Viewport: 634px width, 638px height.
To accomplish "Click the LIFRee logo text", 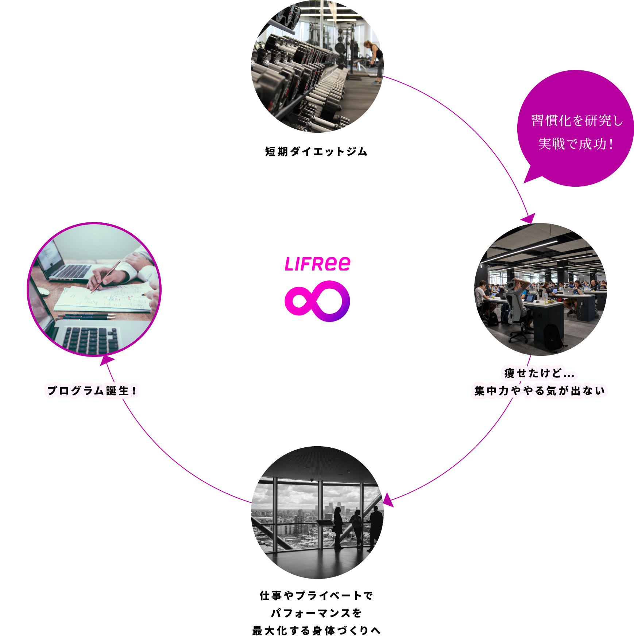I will (317, 264).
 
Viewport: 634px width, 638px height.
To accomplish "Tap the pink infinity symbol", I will (317, 301).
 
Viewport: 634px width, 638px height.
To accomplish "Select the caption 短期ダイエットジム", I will (316, 151).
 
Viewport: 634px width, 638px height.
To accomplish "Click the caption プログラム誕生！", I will (92, 390).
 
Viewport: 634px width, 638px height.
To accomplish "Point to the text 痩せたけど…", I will (539, 373).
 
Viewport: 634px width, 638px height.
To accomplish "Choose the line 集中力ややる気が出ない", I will (540, 390).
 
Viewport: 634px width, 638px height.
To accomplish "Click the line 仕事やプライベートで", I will (316, 595).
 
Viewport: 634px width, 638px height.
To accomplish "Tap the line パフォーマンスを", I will (316, 613).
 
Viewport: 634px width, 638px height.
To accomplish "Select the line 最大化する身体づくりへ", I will (316, 630).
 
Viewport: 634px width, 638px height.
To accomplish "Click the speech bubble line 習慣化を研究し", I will (577, 120).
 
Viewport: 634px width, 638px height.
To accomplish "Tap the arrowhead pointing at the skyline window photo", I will (387, 500).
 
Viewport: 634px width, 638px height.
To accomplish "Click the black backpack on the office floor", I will (552, 337).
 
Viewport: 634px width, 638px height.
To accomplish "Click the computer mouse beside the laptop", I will (43, 291).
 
